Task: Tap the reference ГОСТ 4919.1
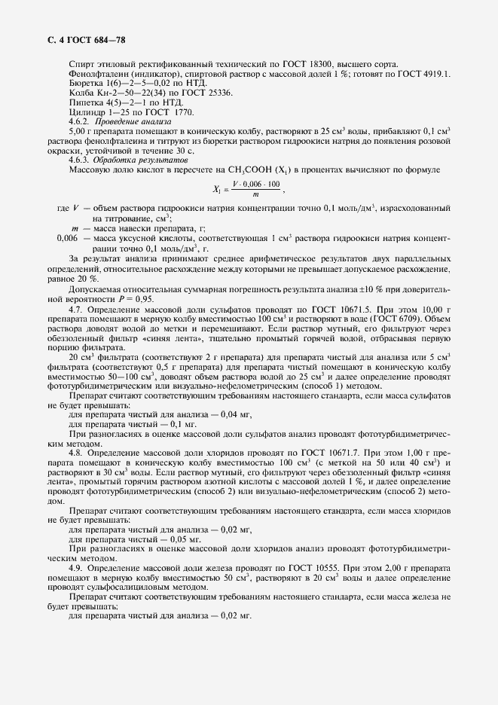click(425, 73)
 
